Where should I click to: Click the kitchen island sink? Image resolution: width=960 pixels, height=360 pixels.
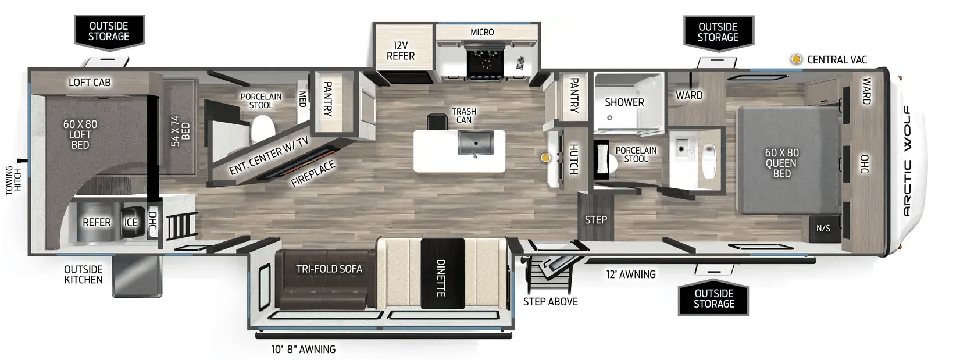click(475, 142)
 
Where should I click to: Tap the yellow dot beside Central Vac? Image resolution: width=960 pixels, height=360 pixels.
click(796, 59)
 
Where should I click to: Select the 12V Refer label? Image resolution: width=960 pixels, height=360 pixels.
click(400, 51)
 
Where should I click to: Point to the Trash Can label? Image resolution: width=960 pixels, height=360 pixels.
click(463, 116)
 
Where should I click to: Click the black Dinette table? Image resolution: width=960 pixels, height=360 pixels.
click(442, 273)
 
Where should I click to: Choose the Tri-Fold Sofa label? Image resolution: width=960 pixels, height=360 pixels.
click(329, 269)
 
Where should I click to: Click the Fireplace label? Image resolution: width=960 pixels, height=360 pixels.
click(313, 174)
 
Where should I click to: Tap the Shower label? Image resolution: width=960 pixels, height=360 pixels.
click(624, 102)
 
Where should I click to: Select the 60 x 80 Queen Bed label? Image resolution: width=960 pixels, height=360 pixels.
click(781, 163)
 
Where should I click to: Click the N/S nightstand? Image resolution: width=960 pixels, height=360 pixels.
click(823, 229)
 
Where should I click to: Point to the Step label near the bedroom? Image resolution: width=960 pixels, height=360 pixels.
click(596, 220)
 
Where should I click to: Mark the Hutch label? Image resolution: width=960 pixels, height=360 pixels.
click(573, 159)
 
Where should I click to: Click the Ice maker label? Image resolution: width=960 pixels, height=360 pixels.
click(131, 222)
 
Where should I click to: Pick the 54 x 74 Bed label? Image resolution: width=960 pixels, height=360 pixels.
click(180, 131)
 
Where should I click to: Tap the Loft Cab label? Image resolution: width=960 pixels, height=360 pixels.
click(90, 82)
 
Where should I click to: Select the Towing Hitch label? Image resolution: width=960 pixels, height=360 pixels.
click(13, 181)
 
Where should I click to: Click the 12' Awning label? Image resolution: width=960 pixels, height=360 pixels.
click(631, 275)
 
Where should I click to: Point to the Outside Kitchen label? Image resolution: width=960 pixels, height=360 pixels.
click(83, 275)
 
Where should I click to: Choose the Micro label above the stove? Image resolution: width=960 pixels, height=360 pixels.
click(482, 32)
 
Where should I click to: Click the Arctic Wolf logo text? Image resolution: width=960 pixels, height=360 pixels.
click(907, 161)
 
